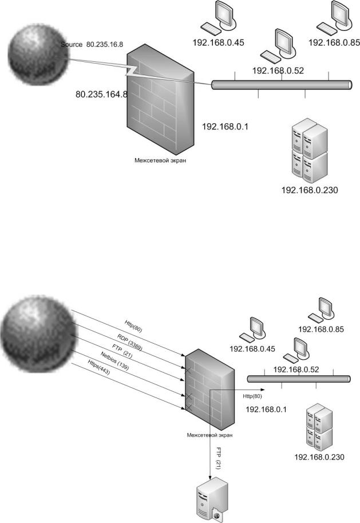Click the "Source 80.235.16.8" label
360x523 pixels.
click(92, 44)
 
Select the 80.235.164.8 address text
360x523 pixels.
click(102, 95)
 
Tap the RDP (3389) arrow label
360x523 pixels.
click(130, 342)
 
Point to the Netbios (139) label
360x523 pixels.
click(114, 360)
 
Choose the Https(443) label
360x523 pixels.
click(99, 367)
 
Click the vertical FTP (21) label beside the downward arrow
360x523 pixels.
click(219, 458)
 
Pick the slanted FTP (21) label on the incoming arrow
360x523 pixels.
click(122, 352)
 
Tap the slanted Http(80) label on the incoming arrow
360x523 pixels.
click(134, 326)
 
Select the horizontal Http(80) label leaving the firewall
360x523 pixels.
click(252, 396)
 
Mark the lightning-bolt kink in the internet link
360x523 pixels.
click(133, 70)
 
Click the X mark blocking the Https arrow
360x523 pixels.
click(188, 408)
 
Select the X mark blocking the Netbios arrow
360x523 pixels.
click(188, 396)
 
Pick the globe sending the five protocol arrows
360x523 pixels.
click(38, 334)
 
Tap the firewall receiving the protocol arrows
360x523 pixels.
click(209, 390)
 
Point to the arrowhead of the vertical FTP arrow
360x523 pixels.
click(210, 478)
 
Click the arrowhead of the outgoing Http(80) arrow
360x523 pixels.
click(262, 390)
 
